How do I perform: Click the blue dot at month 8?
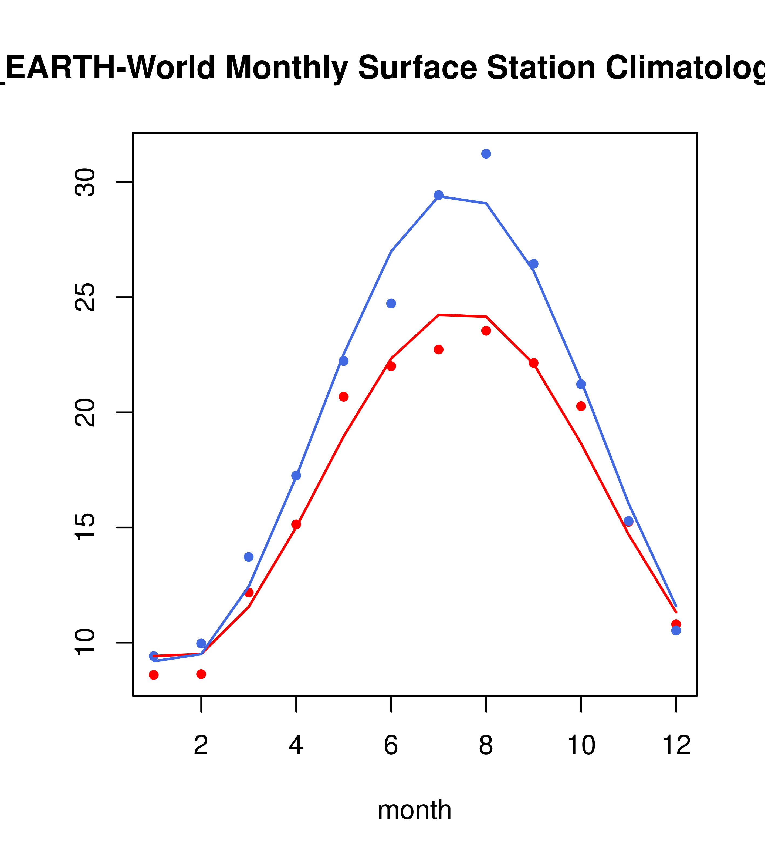pyautogui.click(x=486, y=154)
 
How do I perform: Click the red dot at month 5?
pyautogui.click(x=344, y=397)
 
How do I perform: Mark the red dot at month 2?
pyautogui.click(x=201, y=674)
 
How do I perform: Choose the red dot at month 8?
pyautogui.click(x=486, y=331)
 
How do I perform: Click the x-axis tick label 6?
pyautogui.click(x=391, y=745)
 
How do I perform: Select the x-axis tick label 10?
pyautogui.click(x=581, y=745)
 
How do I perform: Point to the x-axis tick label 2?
pyautogui.click(x=201, y=745)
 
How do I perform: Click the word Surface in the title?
pyautogui.click(x=417, y=68)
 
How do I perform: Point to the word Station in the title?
pyautogui.click(x=541, y=68)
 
